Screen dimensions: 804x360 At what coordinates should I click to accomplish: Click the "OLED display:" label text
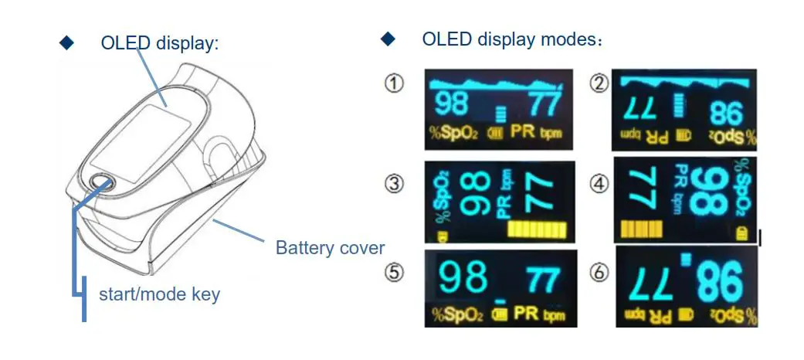coord(160,42)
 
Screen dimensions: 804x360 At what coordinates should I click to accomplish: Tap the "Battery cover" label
coord(330,248)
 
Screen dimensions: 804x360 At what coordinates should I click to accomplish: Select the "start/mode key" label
coord(159,294)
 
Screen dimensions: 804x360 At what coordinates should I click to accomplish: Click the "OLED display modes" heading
coord(508,39)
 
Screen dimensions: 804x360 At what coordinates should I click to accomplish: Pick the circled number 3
coord(395,184)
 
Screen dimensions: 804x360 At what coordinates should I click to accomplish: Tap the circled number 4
coord(599,184)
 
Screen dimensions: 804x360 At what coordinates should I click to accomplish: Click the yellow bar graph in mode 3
coord(539,229)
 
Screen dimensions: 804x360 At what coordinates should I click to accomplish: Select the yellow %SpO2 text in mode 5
coord(458,314)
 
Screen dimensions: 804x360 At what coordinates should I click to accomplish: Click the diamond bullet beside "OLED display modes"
coord(388,38)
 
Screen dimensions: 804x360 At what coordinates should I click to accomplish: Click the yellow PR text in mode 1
coord(523,134)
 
